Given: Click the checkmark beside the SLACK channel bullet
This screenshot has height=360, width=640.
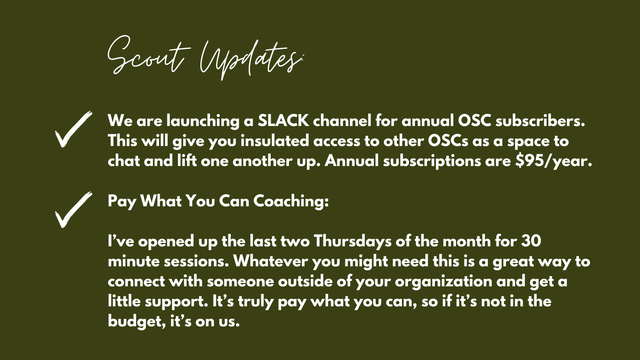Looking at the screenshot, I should [73, 129].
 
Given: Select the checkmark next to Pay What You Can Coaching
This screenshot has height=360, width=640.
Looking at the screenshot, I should [73, 210].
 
